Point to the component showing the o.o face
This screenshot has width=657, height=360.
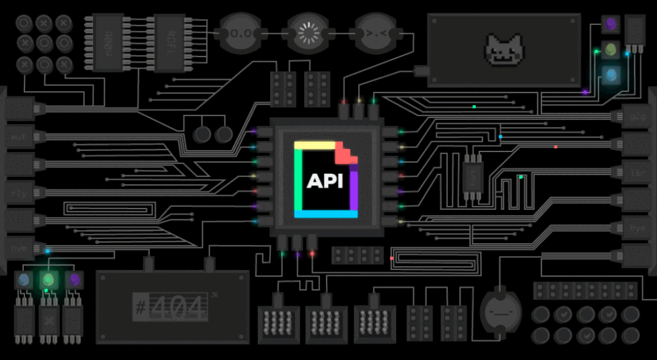tap(239, 31)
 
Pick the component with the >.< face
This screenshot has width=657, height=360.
tap(374, 31)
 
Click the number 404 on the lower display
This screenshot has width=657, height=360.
tap(178, 307)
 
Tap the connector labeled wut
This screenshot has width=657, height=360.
tap(18, 137)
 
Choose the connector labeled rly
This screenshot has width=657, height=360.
tap(18, 192)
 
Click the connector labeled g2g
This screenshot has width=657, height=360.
tap(638, 117)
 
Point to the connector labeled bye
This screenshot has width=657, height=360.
tap(638, 228)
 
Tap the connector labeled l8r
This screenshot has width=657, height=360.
tap(638, 173)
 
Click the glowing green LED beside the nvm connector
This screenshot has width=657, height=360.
tap(47, 279)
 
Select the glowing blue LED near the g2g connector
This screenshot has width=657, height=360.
tap(610, 74)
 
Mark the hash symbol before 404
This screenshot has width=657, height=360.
tap(140, 307)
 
